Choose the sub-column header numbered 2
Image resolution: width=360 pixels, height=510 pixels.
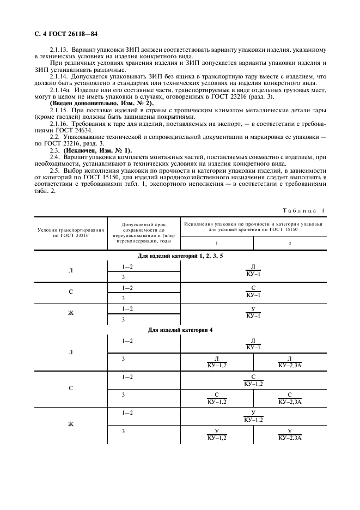point(290,243)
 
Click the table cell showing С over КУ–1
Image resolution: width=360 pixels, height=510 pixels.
point(253,292)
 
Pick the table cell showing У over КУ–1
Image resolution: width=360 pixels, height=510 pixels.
point(253,312)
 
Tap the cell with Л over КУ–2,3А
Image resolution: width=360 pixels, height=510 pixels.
point(290,361)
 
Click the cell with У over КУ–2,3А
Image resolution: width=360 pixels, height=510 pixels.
point(290,435)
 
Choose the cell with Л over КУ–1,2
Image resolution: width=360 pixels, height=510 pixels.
point(216,361)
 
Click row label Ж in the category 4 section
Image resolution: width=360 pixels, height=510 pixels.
point(70,424)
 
